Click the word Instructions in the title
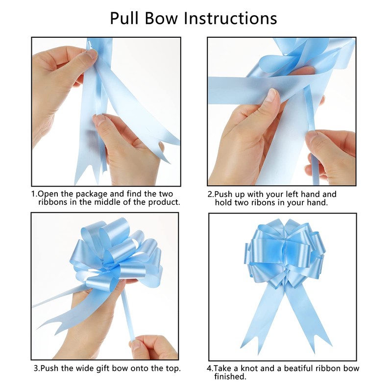click(230, 18)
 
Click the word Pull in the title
click(125, 18)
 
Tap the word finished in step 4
click(230, 376)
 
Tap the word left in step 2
click(291, 194)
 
